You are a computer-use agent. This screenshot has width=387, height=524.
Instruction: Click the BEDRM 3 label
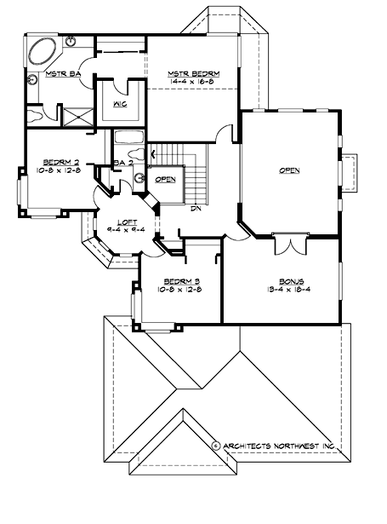[x=180, y=280]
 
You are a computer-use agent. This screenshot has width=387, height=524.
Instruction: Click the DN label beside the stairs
[x=194, y=209]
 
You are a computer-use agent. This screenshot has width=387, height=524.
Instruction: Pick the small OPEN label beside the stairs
[x=165, y=179]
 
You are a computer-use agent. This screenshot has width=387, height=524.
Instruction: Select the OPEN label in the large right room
[x=290, y=170]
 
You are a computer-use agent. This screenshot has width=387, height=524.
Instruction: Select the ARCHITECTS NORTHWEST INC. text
[x=282, y=446]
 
